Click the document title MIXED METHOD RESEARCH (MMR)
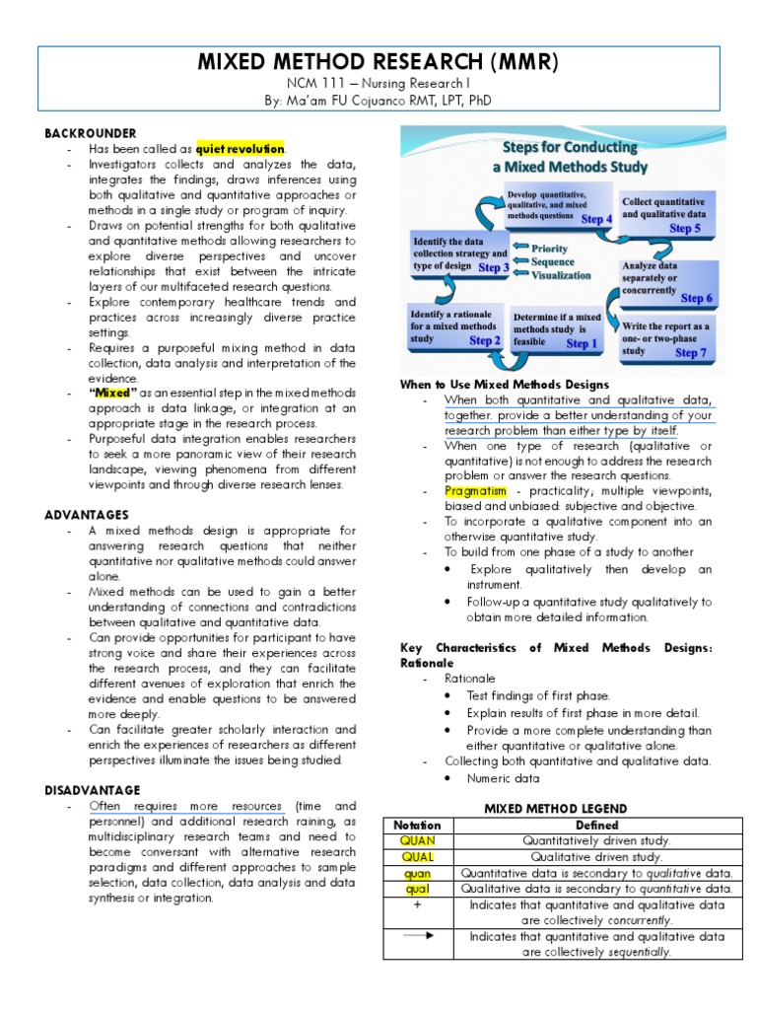pos(378,63)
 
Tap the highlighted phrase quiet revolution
pos(241,148)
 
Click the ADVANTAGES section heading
pos(87,514)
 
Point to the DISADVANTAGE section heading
pos(93,790)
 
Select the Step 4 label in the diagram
pos(596,219)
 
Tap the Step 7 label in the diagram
pos(690,352)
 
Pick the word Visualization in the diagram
pos(568,277)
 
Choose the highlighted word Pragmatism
pos(475,490)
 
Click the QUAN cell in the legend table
pos(417,840)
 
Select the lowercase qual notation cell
pos(417,889)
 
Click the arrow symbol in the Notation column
pos(417,936)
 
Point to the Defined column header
pos(597,825)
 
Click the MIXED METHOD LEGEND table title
pos(555,809)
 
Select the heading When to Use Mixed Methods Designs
pos(504,384)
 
